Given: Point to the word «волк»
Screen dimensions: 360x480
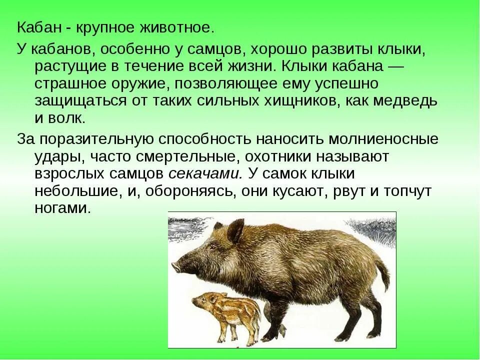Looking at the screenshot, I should point(67,118).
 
